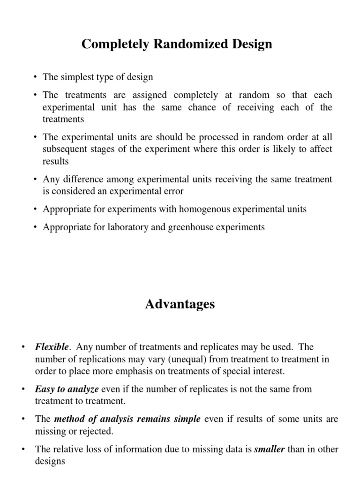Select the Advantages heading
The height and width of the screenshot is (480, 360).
(180, 304)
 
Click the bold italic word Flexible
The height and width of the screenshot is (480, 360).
(52, 347)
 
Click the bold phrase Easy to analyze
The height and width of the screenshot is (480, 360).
(67, 389)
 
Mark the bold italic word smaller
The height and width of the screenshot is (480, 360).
(269, 450)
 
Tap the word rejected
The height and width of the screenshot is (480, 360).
(97, 431)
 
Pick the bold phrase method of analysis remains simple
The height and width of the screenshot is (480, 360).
(128, 419)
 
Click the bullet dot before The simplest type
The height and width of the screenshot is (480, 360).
(36, 77)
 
